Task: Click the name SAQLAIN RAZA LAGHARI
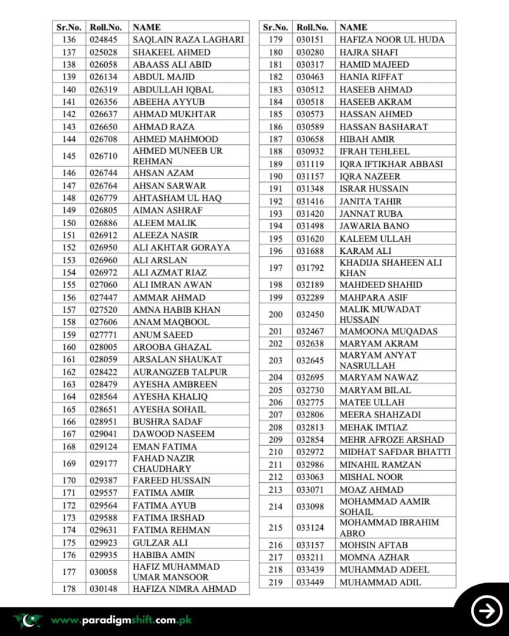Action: click(187, 39)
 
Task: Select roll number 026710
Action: click(104, 156)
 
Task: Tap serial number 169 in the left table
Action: click(69, 463)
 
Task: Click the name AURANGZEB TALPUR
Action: click(180, 372)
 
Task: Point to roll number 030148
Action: click(104, 589)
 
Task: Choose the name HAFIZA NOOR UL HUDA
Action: click(392, 39)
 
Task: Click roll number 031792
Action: click(310, 268)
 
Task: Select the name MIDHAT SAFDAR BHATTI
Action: click(395, 452)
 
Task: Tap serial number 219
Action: click(275, 582)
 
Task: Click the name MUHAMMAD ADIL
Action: click(380, 582)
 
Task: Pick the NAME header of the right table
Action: click(353, 27)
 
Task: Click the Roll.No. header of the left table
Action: click(105, 27)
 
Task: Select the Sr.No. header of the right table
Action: click(275, 27)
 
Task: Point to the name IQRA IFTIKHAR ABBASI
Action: click(391, 164)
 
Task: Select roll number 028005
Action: click(104, 347)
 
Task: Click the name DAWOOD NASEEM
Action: click(173, 434)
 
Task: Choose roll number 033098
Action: click(310, 506)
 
